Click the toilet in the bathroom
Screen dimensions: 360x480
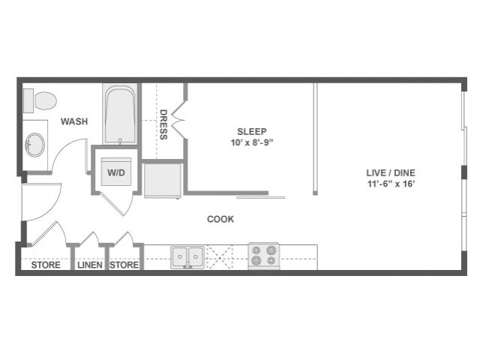pos(40,99)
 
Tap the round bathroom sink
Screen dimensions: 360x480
pos(34,145)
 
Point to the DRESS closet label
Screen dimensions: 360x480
pos(163,124)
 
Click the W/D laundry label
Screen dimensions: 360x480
pos(116,172)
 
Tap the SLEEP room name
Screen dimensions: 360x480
pos(252,130)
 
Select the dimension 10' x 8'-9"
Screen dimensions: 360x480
pos(252,142)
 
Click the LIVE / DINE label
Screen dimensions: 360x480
pos(390,172)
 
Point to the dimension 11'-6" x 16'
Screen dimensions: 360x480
pos(390,184)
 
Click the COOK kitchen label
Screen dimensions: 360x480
pos(220,219)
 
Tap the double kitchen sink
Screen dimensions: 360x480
pos(187,256)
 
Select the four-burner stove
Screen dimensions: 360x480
pos(264,256)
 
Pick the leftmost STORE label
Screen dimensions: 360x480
pos(45,265)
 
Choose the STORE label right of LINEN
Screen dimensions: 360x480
pos(124,265)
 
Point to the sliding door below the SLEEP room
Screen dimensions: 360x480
pos(261,197)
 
